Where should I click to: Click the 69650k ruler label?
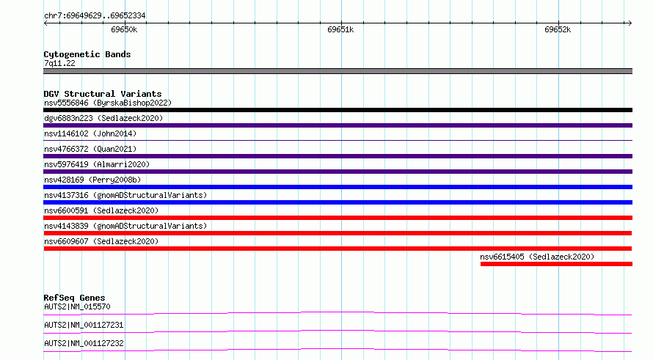click(x=124, y=29)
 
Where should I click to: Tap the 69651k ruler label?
click(x=340, y=29)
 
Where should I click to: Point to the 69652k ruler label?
click(x=558, y=29)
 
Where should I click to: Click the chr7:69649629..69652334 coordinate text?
click(x=95, y=16)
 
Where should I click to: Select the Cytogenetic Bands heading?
click(x=87, y=54)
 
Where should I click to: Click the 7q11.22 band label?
click(x=59, y=63)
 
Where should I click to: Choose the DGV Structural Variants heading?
click(x=103, y=94)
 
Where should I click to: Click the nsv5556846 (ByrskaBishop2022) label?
click(x=108, y=103)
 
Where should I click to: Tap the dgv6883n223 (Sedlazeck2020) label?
click(x=103, y=118)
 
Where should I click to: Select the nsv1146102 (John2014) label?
click(x=90, y=133)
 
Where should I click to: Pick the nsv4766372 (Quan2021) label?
click(x=90, y=149)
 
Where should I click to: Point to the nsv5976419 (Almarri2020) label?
click(x=97, y=164)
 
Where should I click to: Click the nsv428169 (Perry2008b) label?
click(x=92, y=180)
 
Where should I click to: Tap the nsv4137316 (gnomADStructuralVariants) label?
click(x=125, y=195)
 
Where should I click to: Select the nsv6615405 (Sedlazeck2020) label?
click(x=537, y=257)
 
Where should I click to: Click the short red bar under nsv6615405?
click(x=556, y=264)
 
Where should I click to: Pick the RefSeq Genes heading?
click(x=75, y=298)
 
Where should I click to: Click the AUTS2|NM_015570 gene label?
click(x=77, y=306)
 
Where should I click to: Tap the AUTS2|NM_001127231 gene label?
click(x=84, y=325)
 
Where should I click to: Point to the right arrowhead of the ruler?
click(x=630, y=23)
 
